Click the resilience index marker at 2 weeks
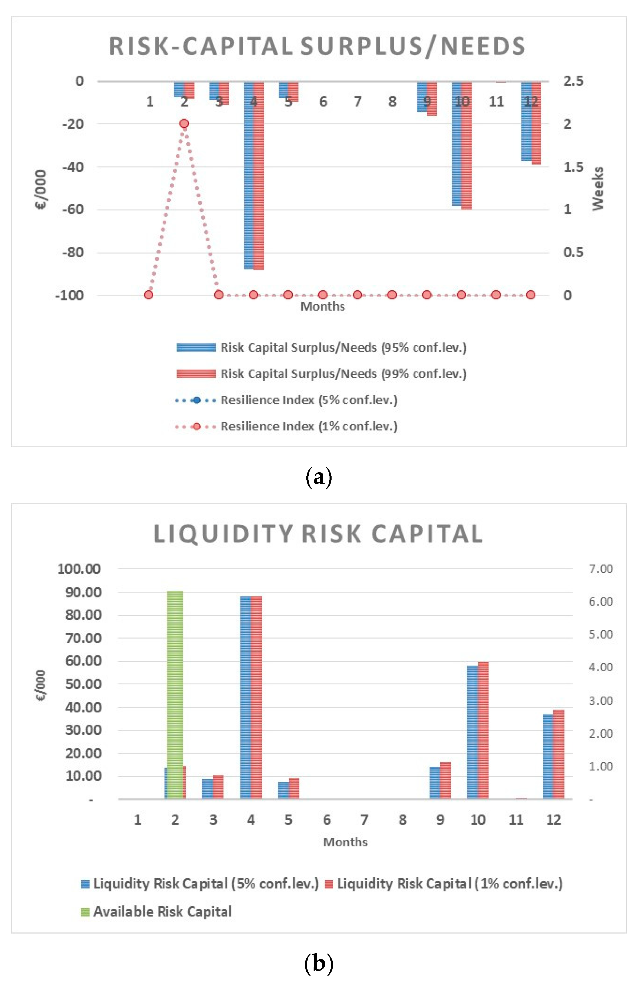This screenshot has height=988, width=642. [184, 123]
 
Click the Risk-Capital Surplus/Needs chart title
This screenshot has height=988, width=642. [317, 46]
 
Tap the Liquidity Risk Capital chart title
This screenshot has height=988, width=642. [318, 534]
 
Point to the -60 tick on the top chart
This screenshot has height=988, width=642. [73, 209]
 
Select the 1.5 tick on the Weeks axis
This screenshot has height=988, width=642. [573, 167]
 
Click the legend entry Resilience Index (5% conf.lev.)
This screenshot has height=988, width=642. [309, 400]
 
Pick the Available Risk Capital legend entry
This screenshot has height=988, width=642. [162, 912]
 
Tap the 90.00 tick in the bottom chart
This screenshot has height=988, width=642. [83, 592]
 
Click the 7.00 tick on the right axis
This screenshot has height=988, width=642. [601, 569]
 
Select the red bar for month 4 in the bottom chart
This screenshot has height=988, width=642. [256, 697]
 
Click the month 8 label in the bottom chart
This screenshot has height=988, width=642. [402, 820]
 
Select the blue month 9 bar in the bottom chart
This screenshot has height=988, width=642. [434, 783]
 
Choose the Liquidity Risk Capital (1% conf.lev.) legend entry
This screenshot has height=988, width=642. [449, 884]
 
